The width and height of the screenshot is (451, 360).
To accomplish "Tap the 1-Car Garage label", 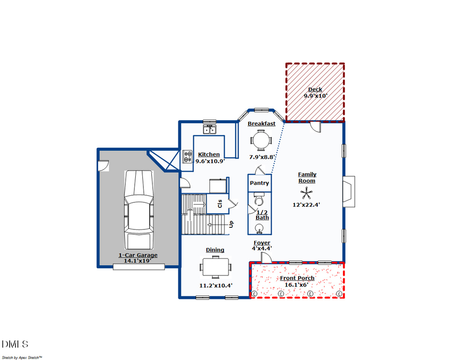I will (138, 255).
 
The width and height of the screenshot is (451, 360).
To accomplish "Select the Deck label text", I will (315, 90).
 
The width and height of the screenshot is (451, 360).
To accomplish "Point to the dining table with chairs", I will (216, 266).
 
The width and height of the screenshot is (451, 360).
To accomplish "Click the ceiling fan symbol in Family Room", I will (305, 193).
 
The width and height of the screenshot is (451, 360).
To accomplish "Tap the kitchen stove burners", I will (188, 157).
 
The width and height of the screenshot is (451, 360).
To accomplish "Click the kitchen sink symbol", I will (209, 129).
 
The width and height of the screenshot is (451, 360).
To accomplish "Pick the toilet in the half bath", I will (259, 201).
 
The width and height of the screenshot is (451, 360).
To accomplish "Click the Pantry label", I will (260, 183).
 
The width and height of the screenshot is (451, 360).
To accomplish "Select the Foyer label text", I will (262, 243).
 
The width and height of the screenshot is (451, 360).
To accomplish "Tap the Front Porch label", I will (297, 278).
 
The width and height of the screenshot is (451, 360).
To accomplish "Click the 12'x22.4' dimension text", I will (306, 204).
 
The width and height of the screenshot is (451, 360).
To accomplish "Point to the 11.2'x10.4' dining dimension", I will (215, 285).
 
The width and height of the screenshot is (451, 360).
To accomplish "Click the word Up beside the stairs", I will (231, 224).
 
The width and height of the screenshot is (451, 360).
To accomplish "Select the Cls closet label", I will (219, 204).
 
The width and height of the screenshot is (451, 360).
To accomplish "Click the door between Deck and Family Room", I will (316, 126).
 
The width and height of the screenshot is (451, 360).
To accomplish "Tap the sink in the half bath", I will (259, 229).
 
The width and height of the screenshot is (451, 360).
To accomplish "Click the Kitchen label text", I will (208, 154).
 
